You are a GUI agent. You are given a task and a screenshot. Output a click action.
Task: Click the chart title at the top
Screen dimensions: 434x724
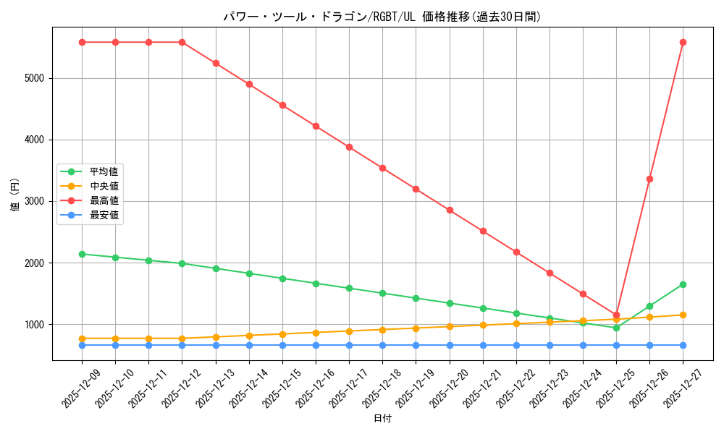coord(382,17)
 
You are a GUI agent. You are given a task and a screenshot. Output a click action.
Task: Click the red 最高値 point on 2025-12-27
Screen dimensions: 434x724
coord(683,42)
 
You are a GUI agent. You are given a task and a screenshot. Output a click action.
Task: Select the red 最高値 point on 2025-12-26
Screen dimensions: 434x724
coord(649,179)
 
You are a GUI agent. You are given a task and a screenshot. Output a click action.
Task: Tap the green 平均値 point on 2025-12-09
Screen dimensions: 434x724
coord(82,254)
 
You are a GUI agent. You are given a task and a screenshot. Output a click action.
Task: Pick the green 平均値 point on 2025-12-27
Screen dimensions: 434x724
coord(683,284)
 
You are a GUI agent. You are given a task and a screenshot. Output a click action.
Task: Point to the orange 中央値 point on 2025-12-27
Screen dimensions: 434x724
coord(683,315)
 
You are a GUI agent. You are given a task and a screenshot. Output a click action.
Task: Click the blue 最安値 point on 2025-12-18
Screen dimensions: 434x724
coord(382,345)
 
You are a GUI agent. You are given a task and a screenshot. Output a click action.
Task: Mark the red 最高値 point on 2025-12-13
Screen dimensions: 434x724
coord(216,63)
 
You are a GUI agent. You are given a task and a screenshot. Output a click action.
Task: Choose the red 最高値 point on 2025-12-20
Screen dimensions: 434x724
coord(450,210)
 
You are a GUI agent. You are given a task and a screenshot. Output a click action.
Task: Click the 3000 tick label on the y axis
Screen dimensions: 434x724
coord(36,201)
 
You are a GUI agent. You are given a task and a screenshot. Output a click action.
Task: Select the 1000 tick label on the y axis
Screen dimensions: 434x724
coord(36,324)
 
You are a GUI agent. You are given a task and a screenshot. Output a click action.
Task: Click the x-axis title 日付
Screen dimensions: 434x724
coord(382,419)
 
